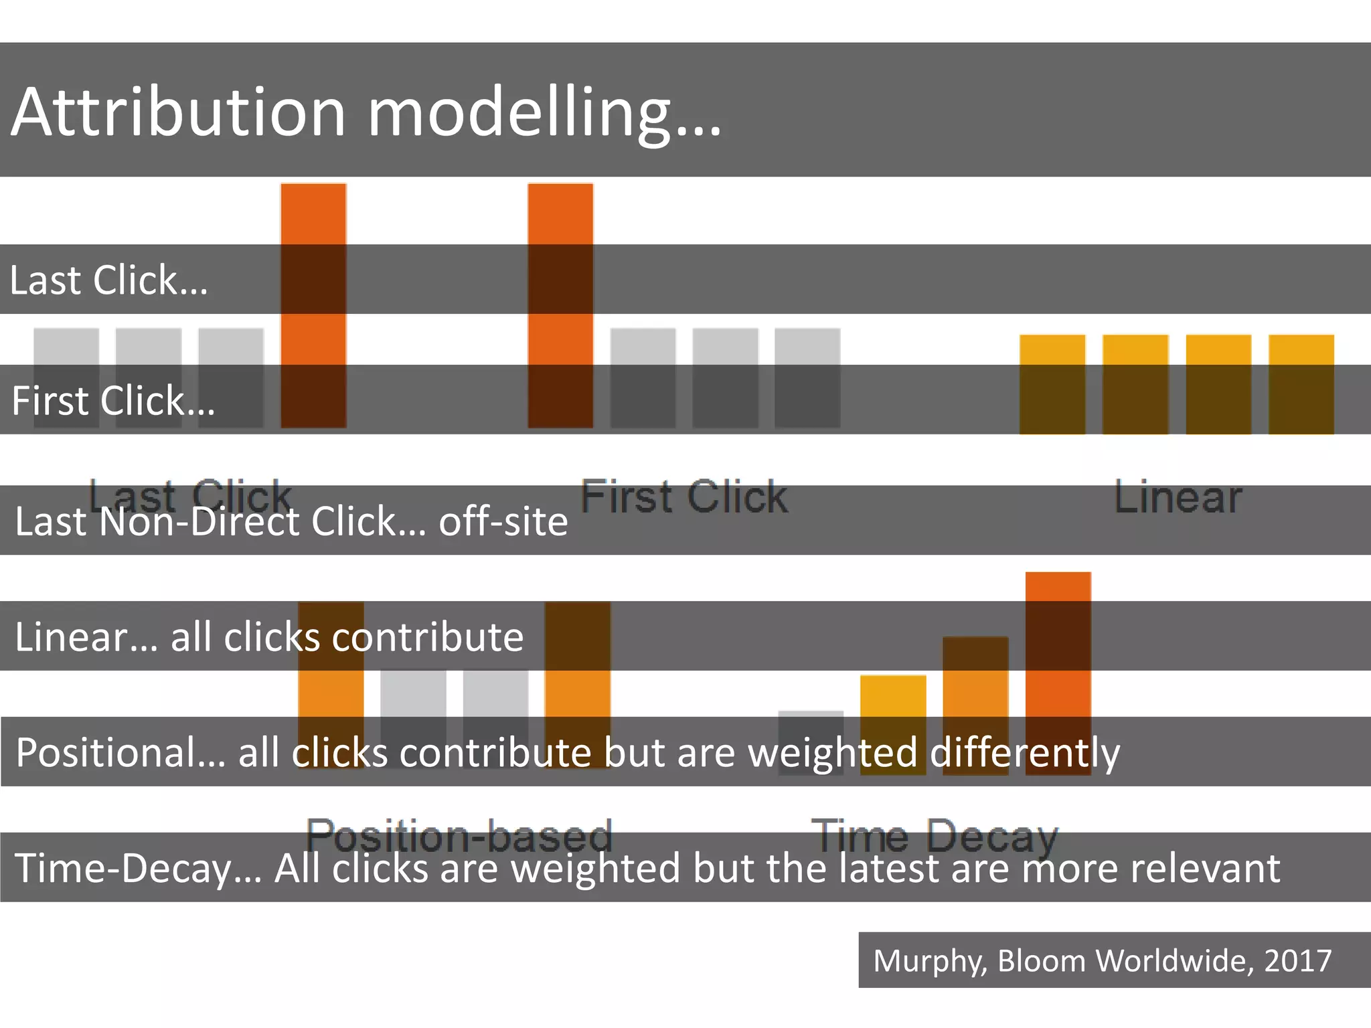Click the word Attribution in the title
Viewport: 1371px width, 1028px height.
[x=178, y=112]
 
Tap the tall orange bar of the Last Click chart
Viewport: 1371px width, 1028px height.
[x=313, y=305]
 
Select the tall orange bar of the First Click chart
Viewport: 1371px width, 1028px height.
[x=560, y=305]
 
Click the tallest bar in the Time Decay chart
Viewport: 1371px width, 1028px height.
[x=1058, y=673]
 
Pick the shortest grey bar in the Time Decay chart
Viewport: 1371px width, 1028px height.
[x=811, y=742]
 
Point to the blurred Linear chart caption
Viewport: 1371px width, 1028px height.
[x=1178, y=497]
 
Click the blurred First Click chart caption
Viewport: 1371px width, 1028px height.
[x=684, y=497]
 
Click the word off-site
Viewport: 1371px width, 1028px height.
[x=503, y=521]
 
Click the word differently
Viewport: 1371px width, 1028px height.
[x=1025, y=753]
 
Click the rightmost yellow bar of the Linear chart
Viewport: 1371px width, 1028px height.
[x=1301, y=384]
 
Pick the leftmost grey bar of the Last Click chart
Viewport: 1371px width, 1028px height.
[x=66, y=377]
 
